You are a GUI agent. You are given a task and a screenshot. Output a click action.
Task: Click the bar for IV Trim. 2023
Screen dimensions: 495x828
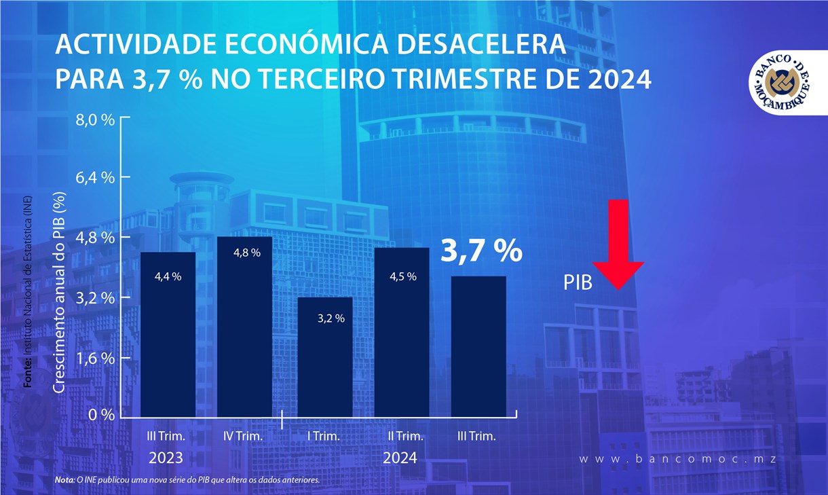[x=244, y=326]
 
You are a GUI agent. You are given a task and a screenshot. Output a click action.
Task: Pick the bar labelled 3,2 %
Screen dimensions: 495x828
[x=326, y=356]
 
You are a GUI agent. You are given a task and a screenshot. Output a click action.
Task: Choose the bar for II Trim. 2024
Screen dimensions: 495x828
[x=402, y=333]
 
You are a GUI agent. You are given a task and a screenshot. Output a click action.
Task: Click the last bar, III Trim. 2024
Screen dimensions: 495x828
[x=479, y=346]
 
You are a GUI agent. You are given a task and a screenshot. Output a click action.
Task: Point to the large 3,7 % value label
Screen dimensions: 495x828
[x=482, y=251]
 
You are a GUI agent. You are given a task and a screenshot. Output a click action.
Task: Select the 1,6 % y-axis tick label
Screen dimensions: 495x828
[x=98, y=358]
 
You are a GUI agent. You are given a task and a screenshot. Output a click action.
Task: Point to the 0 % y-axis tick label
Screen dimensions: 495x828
[x=102, y=415]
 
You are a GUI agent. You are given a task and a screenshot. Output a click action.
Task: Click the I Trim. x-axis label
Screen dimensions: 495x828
[x=323, y=436]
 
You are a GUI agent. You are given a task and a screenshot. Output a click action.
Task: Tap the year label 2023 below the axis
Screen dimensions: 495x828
[x=166, y=458]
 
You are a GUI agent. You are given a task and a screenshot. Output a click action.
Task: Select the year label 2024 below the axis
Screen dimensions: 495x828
[x=400, y=458]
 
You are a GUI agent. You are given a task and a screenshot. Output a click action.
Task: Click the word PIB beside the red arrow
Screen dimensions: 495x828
[x=578, y=283]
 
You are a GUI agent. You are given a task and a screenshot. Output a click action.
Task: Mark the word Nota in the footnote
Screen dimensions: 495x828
[x=65, y=480]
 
